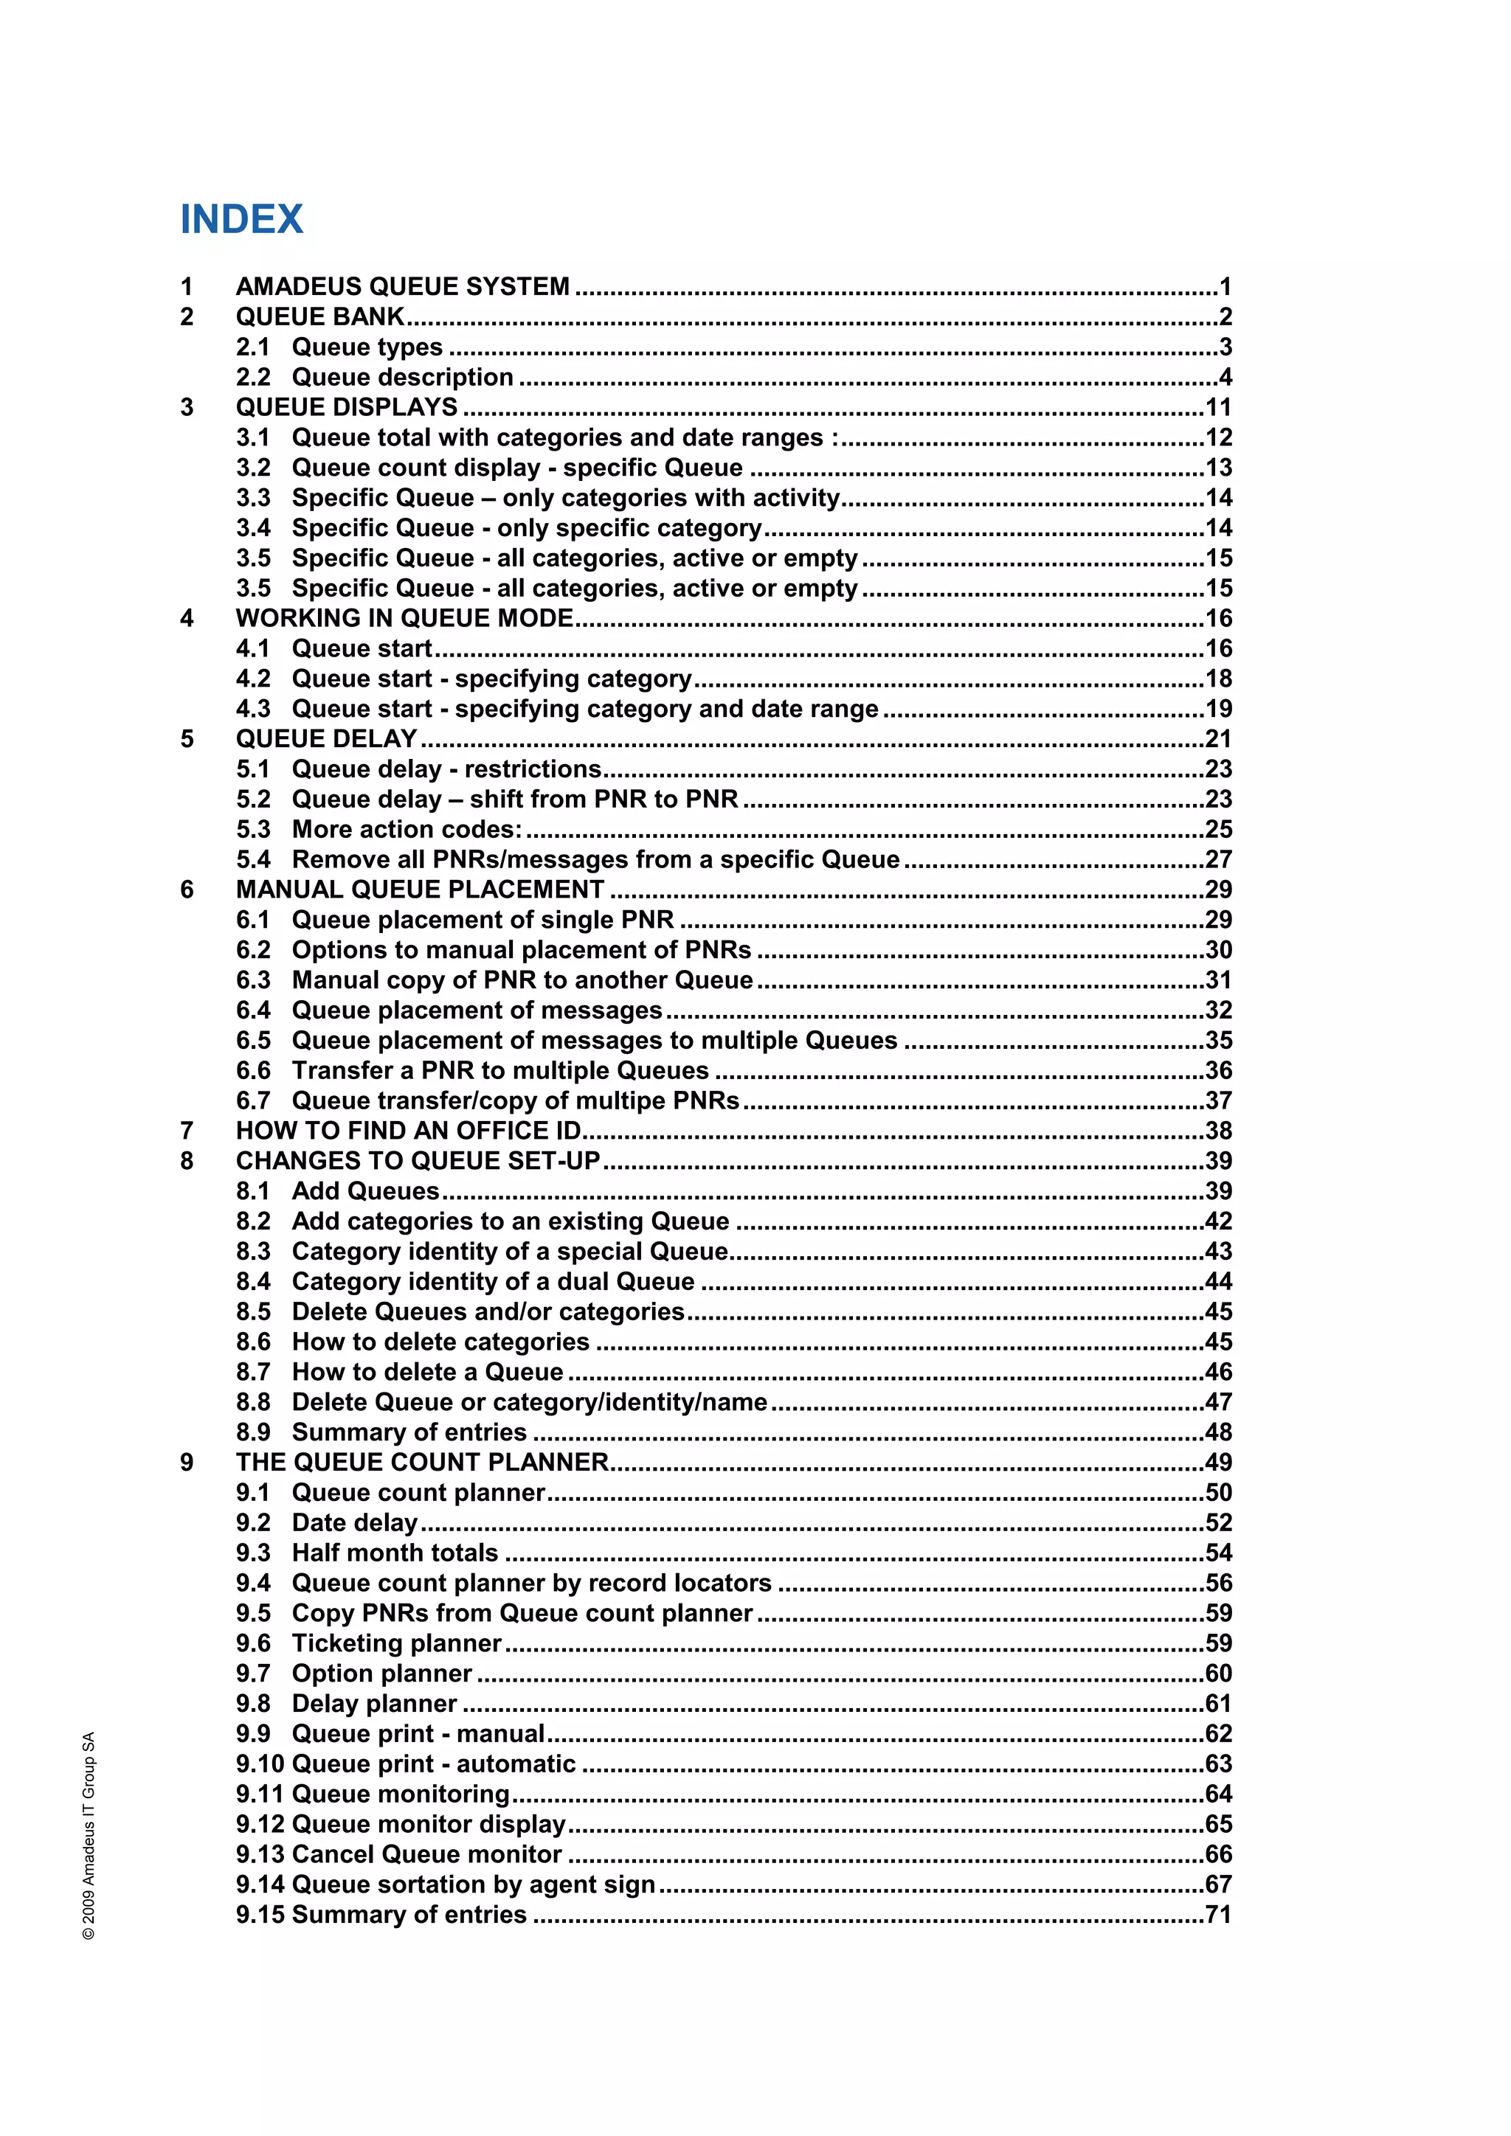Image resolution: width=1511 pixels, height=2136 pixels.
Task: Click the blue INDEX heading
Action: (x=241, y=220)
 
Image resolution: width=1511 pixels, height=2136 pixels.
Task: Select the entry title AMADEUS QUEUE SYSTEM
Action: (x=402, y=286)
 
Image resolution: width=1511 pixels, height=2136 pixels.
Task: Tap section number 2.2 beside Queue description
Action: (x=253, y=377)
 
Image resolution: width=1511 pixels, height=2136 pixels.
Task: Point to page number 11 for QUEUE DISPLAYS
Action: (x=1218, y=407)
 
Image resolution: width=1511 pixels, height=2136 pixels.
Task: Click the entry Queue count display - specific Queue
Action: (x=517, y=468)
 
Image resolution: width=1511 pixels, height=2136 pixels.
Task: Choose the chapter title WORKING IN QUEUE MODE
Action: (x=404, y=619)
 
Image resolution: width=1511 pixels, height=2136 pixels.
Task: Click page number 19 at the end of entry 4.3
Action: (x=1218, y=709)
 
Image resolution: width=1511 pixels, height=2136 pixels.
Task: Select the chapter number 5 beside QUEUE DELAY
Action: (x=187, y=740)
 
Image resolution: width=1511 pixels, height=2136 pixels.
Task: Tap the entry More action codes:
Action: (x=407, y=830)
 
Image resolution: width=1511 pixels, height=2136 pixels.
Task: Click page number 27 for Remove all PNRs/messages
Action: (x=1218, y=859)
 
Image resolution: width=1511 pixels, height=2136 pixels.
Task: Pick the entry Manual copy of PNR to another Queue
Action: (x=522, y=980)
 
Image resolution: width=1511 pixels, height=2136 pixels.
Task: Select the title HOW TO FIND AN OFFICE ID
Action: (x=407, y=1131)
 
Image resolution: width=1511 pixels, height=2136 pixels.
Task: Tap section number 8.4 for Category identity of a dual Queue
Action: (x=253, y=1282)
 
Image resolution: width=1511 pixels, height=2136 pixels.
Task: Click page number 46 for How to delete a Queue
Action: (x=1218, y=1372)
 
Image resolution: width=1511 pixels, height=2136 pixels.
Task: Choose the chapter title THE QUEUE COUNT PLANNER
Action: (x=421, y=1463)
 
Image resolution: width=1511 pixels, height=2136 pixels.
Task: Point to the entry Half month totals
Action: (x=395, y=1553)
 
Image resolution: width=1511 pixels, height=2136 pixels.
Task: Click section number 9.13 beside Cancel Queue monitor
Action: (x=260, y=1854)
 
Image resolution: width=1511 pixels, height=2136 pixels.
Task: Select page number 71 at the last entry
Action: (x=1218, y=1915)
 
